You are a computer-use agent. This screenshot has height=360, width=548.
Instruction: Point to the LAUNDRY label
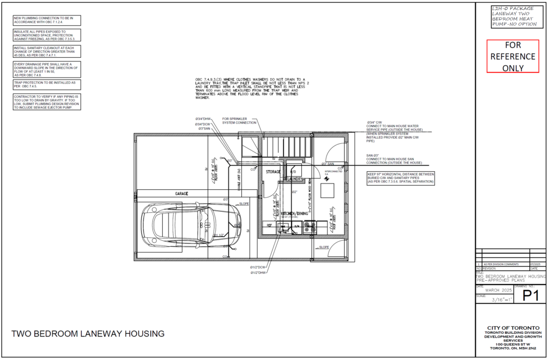(295, 179)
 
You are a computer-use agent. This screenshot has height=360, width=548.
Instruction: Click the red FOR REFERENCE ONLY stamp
(513, 56)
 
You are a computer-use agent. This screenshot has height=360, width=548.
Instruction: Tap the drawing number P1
(530, 296)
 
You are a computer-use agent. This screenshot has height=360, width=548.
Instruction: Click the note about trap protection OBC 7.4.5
(47, 85)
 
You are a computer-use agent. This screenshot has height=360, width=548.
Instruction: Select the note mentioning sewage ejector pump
(47, 102)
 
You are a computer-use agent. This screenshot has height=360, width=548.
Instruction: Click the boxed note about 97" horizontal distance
(401, 178)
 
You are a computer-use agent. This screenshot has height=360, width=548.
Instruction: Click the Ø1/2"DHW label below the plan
(258, 273)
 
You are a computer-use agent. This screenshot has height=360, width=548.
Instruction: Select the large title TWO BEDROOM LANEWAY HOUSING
(88, 334)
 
